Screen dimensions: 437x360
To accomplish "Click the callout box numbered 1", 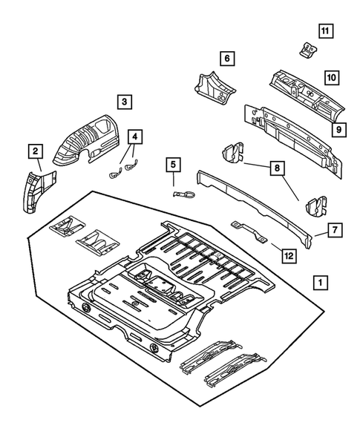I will [x=320, y=283].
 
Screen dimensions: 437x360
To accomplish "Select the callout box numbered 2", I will [x=34, y=151].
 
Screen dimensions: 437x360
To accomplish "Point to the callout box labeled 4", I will [x=134, y=137].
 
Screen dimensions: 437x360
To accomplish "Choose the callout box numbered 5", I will [x=172, y=165].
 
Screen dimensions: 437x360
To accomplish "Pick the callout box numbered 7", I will [x=335, y=231].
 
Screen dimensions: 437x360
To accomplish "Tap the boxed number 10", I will [x=331, y=76].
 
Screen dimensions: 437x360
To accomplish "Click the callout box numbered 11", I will [x=326, y=30].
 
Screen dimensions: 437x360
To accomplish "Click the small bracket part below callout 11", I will [x=305, y=50].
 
